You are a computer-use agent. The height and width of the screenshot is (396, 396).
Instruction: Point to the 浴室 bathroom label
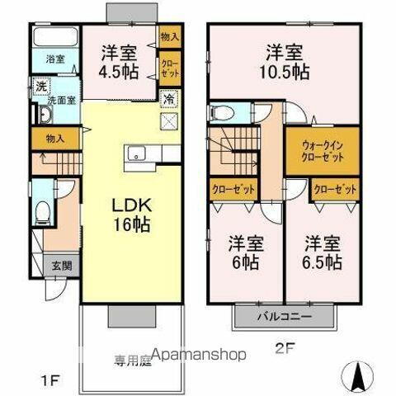coord(54,60)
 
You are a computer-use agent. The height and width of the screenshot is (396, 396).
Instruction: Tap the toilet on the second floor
coord(219,113)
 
